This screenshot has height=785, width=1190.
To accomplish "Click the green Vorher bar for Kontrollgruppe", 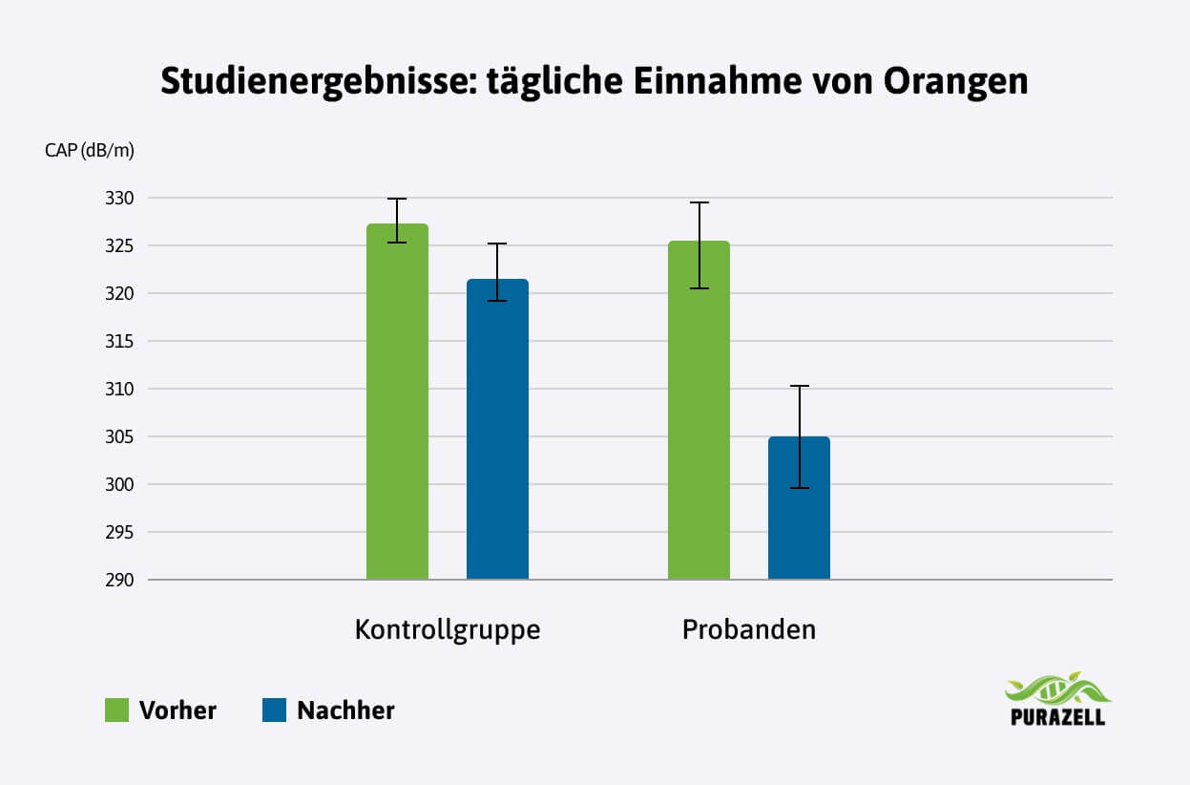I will pyautogui.click(x=397, y=401).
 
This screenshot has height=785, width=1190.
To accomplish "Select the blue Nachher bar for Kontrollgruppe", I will pyautogui.click(x=497, y=429).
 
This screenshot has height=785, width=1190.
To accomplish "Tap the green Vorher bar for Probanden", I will pyautogui.click(x=699, y=411).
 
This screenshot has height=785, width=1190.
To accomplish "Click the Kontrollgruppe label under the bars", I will pyautogui.click(x=448, y=630).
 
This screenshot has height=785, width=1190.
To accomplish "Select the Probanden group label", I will pyautogui.click(x=749, y=630).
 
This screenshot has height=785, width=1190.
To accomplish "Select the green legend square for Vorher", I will pyautogui.click(x=116, y=711).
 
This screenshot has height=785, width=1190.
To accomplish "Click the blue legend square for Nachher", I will pyautogui.click(x=274, y=711).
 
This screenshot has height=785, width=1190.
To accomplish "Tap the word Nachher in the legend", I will pyautogui.click(x=345, y=711).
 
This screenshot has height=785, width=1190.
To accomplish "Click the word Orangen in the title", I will pyautogui.click(x=955, y=82).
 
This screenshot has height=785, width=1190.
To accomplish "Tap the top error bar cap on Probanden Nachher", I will pyautogui.click(x=799, y=386).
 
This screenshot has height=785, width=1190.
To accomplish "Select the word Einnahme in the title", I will pyautogui.click(x=714, y=82).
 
